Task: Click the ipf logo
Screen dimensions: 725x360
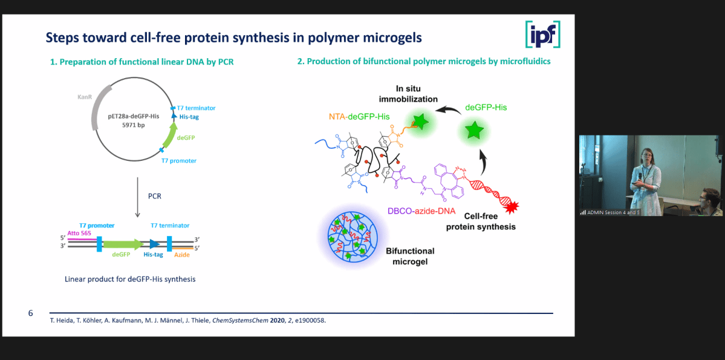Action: [543, 34]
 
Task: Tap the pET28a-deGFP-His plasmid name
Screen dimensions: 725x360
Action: [134, 117]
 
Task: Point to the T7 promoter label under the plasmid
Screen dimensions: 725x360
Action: [178, 160]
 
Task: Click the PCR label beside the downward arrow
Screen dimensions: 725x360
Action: [154, 196]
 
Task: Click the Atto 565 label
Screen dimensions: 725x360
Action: [80, 233]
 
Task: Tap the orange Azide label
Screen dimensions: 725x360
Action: [182, 255]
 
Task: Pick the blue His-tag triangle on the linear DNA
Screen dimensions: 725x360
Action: [154, 244]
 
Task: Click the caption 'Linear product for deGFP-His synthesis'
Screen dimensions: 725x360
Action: [131, 279]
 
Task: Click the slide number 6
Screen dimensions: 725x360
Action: [30, 313]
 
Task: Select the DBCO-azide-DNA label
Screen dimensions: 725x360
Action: [421, 212]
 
